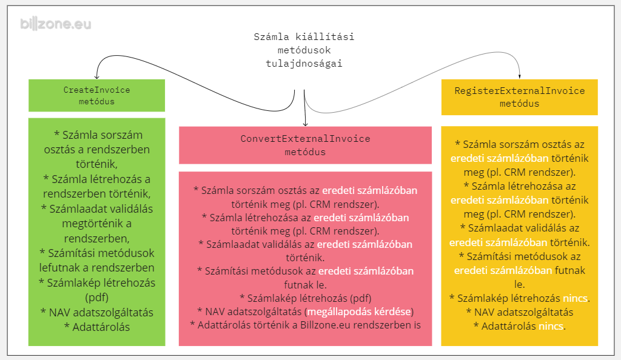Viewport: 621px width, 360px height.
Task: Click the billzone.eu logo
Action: click(x=55, y=24)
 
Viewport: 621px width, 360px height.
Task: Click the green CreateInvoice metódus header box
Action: click(x=96, y=95)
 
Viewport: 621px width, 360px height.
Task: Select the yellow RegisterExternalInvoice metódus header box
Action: click(x=519, y=97)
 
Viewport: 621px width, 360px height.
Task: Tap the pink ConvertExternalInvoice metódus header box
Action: click(x=305, y=145)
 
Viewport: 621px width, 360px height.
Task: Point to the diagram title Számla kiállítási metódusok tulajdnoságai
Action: click(x=304, y=50)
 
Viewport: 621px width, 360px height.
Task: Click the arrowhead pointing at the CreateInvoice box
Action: click(x=96, y=76)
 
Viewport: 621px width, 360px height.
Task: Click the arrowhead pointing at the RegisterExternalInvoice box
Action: click(x=520, y=76)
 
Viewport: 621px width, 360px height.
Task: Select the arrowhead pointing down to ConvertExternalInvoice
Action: click(x=305, y=124)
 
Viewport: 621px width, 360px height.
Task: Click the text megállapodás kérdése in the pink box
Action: click(x=359, y=312)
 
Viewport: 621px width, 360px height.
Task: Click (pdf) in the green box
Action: click(x=96, y=298)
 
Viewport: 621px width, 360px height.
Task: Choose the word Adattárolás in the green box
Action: click(x=101, y=327)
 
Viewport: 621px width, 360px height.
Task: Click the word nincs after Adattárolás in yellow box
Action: click(x=551, y=326)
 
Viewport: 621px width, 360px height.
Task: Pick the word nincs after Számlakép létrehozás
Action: click(x=575, y=298)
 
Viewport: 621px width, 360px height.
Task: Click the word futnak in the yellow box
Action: click(x=570, y=270)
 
